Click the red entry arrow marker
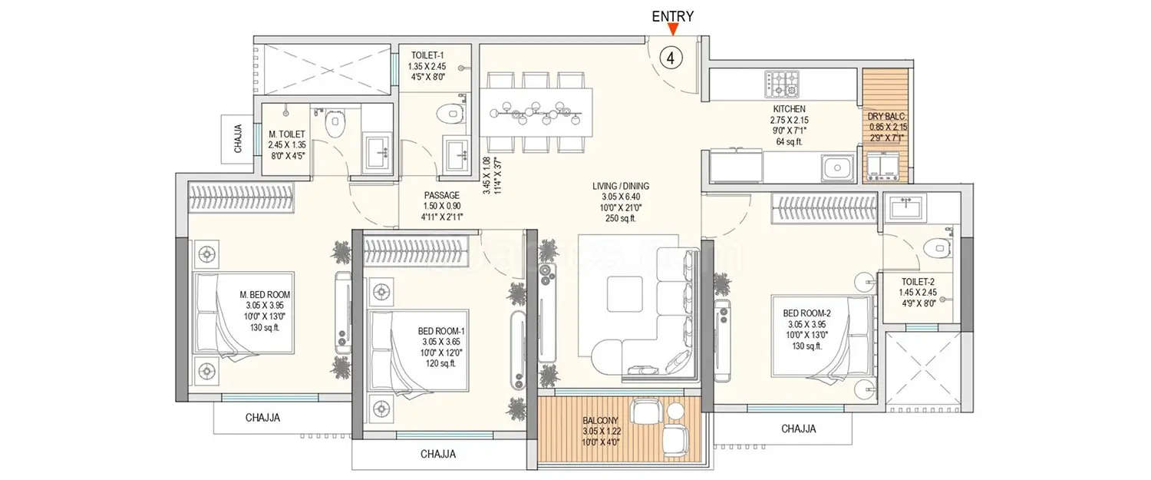(673, 30)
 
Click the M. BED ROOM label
(265, 295)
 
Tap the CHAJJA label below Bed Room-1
(438, 454)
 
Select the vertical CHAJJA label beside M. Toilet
(239, 139)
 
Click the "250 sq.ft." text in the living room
(620, 218)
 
